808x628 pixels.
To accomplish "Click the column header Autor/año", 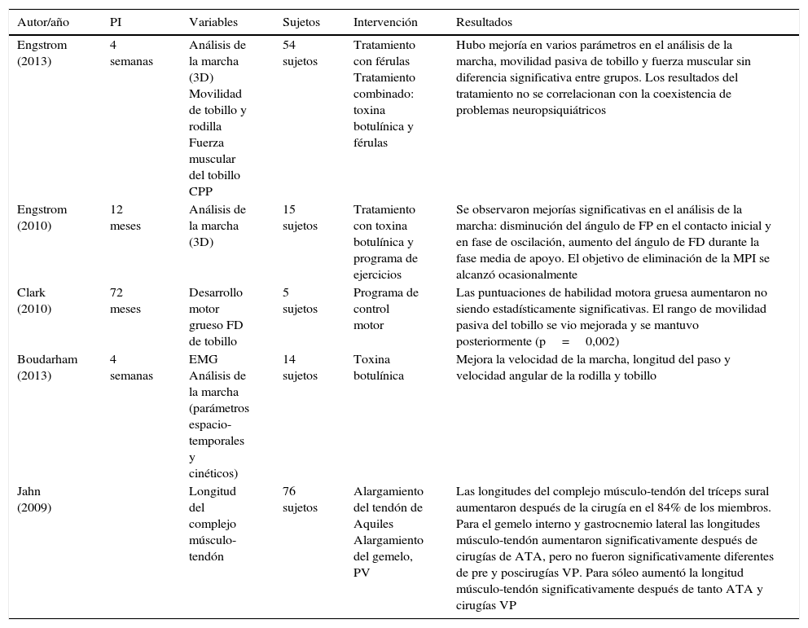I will (42, 22).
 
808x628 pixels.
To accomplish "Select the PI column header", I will (116, 22).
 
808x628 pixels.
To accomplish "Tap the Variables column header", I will (214, 22).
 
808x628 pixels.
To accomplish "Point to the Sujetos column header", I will (301, 22).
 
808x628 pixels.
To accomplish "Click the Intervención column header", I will (385, 22).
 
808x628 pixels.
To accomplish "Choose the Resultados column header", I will (484, 22).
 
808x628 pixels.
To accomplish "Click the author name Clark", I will (31, 292).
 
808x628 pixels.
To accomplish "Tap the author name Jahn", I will (29, 491).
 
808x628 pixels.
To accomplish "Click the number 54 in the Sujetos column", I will (289, 45).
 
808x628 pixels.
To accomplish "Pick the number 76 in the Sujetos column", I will (289, 491).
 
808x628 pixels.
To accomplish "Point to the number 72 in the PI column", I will (116, 292).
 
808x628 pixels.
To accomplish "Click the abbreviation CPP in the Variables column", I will (201, 191).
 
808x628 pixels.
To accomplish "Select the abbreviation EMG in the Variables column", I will (203, 359).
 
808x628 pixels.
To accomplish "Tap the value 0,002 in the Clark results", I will (602, 341).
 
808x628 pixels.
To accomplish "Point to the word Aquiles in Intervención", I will (373, 524).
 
